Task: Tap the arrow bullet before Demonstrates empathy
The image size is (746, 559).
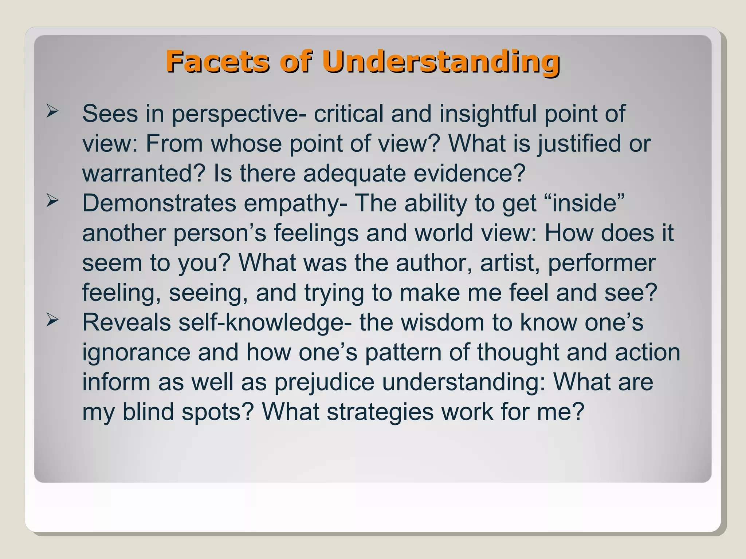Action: (52, 201)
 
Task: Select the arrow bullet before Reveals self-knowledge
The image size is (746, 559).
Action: (52, 320)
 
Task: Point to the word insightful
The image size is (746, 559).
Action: (488, 114)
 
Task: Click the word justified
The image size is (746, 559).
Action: (579, 144)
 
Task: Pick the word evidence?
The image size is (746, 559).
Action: (470, 173)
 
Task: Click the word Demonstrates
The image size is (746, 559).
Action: (159, 203)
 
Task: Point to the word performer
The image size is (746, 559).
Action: (602, 263)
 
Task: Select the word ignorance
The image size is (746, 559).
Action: (136, 353)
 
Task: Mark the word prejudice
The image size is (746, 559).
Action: (324, 383)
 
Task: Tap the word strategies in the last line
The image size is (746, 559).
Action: (380, 413)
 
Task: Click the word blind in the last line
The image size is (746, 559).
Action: (148, 412)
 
